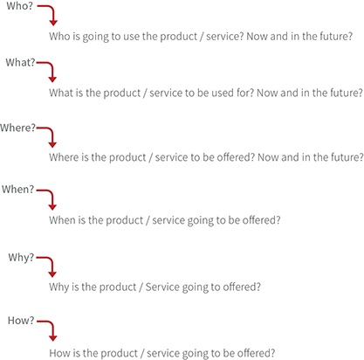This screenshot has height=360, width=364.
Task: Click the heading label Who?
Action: click(x=20, y=6)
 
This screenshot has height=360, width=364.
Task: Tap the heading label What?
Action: click(x=20, y=62)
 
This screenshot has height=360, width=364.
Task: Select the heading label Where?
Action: click(x=17, y=128)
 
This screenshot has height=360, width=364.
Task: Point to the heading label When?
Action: click(x=18, y=190)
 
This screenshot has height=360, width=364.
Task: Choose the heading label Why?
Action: click(x=21, y=258)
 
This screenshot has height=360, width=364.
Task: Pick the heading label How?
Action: click(x=21, y=321)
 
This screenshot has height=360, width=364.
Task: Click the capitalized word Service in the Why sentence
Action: click(x=161, y=287)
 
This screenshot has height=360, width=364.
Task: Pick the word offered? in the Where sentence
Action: click(x=236, y=157)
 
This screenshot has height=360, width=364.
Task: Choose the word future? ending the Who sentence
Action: click(x=336, y=37)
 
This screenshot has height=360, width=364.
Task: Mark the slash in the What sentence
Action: click(x=145, y=93)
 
